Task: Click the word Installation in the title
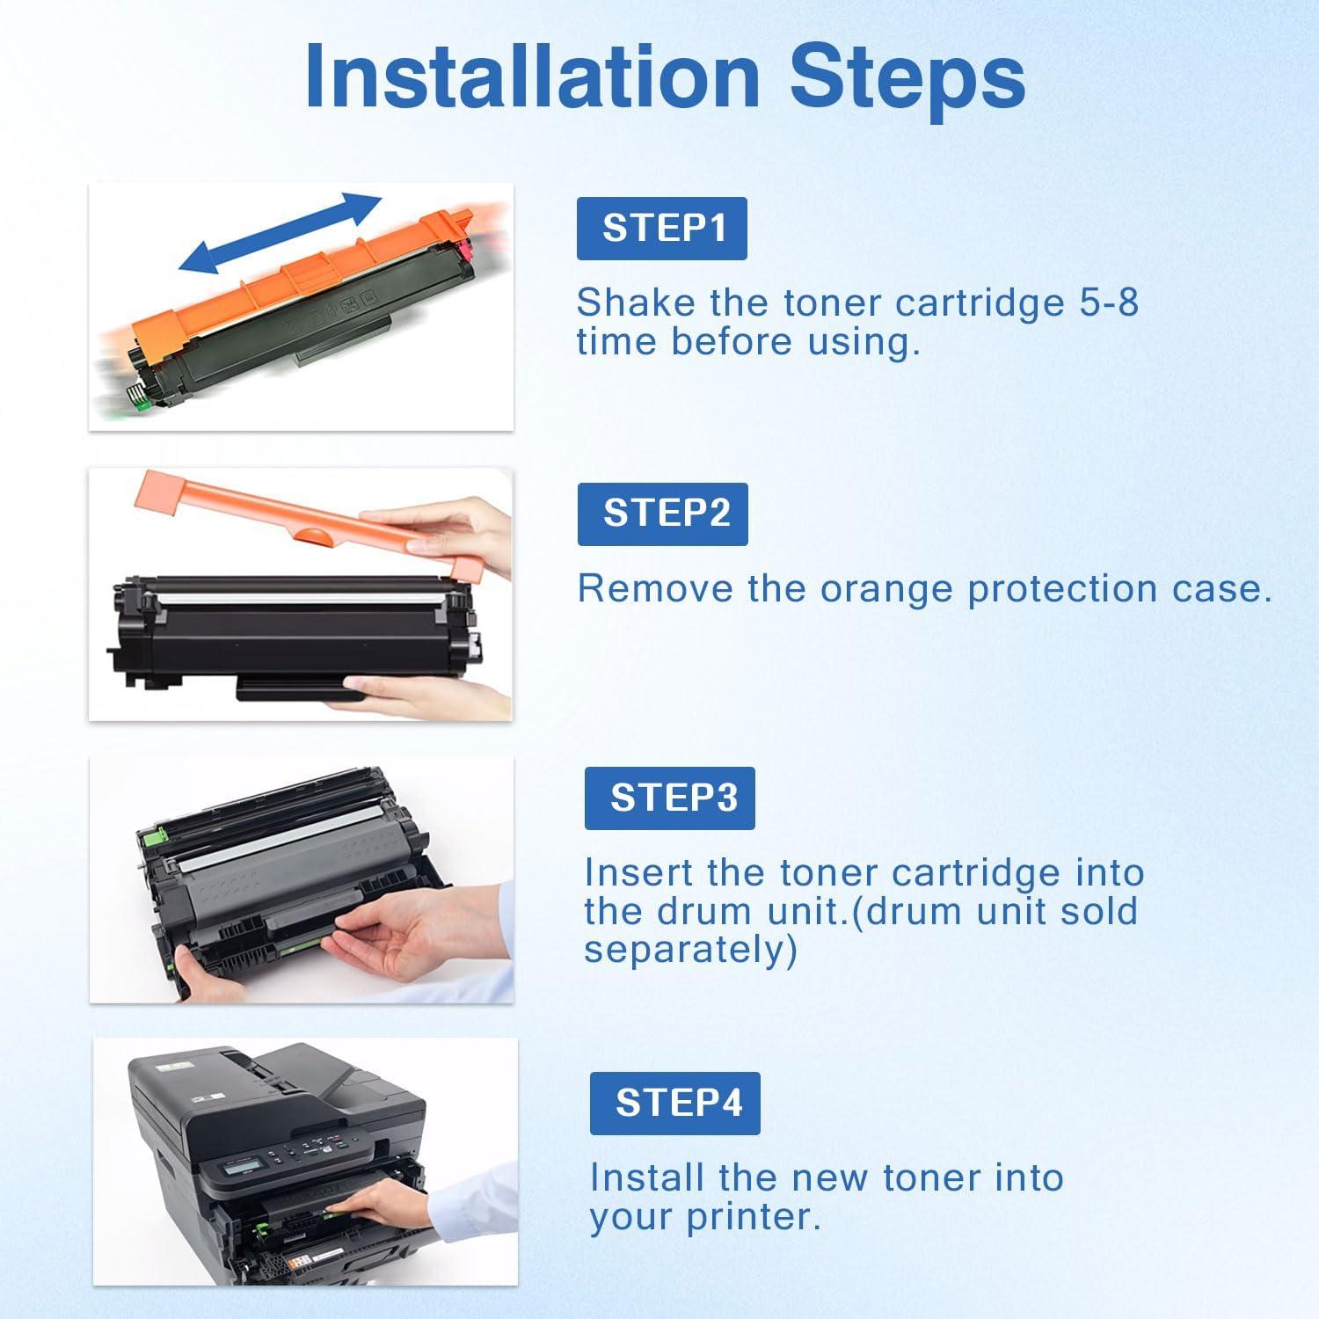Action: pyautogui.click(x=532, y=77)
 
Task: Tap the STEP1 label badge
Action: pyautogui.click(x=662, y=229)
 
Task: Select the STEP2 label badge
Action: pyautogui.click(x=663, y=514)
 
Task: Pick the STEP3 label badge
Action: pyautogui.click(x=670, y=798)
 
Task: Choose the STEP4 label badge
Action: pyautogui.click(x=675, y=1104)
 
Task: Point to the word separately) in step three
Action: pyautogui.click(x=691, y=951)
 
